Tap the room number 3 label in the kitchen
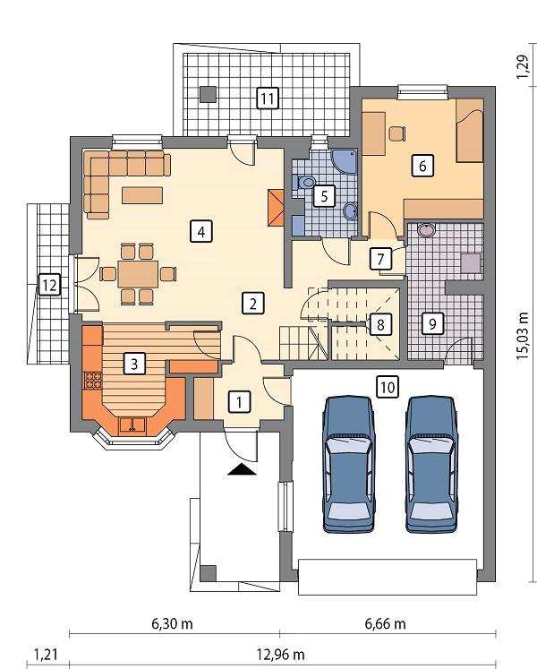point(132,363)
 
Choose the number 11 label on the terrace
point(266,97)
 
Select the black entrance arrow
point(242,470)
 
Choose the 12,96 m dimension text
point(280,655)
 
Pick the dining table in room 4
point(138,271)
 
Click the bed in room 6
point(469,133)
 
